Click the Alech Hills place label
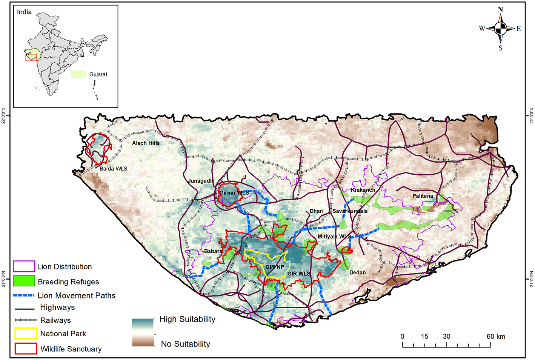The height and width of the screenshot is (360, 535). (x=146, y=143)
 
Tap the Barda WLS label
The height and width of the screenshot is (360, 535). (x=113, y=169)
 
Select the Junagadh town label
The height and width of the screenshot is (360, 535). (x=201, y=181)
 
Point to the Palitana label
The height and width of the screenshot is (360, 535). (x=423, y=196)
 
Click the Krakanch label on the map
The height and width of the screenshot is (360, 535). (x=363, y=190)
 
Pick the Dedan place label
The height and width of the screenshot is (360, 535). (x=357, y=272)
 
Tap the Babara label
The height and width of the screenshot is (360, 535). (x=213, y=251)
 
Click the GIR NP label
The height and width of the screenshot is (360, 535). (x=275, y=267)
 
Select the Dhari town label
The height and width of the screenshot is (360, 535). (x=317, y=211)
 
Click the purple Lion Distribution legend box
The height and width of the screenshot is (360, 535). (x=24, y=266)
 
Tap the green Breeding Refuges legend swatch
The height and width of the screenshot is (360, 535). (x=24, y=281)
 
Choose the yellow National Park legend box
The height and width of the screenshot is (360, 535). (x=26, y=334)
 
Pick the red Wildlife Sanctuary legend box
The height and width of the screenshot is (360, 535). (x=26, y=349)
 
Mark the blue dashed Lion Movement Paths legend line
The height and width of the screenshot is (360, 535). (x=24, y=295)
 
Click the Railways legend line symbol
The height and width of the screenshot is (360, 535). (x=26, y=320)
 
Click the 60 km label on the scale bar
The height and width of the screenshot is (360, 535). (x=496, y=337)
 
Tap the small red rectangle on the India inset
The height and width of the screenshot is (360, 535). (x=31, y=57)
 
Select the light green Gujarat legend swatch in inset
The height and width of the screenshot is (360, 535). (x=78, y=74)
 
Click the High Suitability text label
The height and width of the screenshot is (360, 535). (x=187, y=319)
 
